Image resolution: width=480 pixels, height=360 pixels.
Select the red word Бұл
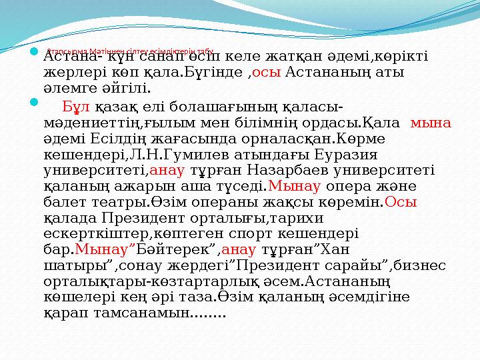pyautogui.click(x=75, y=107)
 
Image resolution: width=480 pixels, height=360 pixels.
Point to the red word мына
pyautogui.click(x=431, y=122)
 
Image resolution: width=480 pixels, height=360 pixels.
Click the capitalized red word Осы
pyautogui.click(x=401, y=202)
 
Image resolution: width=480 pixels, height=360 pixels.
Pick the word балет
pyautogui.click(x=63, y=202)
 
